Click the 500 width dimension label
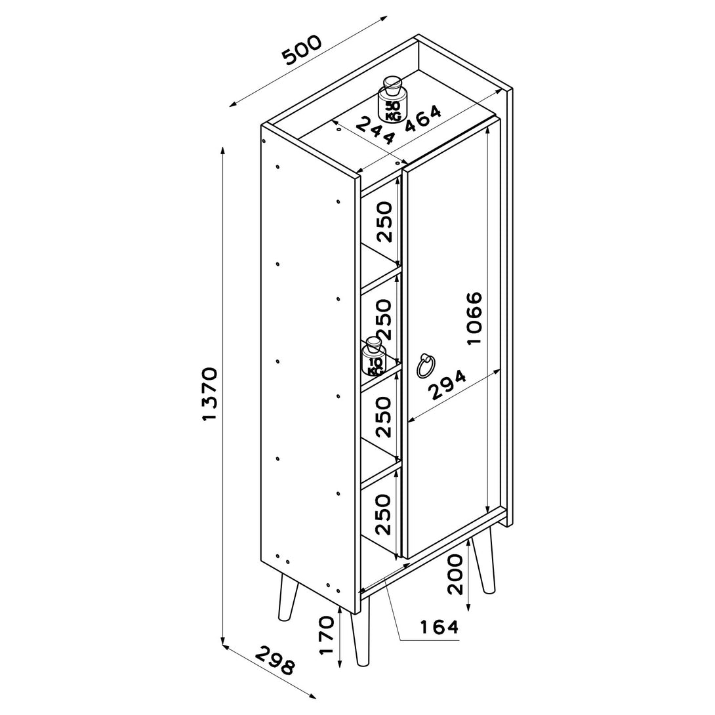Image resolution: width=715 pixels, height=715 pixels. pos(302,50)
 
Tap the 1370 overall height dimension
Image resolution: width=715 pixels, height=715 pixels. pos(210,394)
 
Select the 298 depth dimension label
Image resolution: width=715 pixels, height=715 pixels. pos(274,661)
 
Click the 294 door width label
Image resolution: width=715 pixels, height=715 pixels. pos(448,385)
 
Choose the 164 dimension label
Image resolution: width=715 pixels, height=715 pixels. pos(439,627)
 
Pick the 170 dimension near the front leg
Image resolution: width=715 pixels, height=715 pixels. pos(327,635)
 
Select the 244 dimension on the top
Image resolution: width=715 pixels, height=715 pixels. pos(375,131)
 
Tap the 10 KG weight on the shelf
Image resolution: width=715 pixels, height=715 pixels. pos(373,356)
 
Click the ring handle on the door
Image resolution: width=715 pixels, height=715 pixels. pos(426,366)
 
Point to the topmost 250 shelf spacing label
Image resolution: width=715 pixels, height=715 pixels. pos(384,222)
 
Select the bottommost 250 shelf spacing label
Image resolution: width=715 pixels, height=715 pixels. pos(384,514)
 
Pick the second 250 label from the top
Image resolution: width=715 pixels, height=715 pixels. pos(384,319)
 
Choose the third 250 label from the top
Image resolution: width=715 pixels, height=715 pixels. pos(384,417)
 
